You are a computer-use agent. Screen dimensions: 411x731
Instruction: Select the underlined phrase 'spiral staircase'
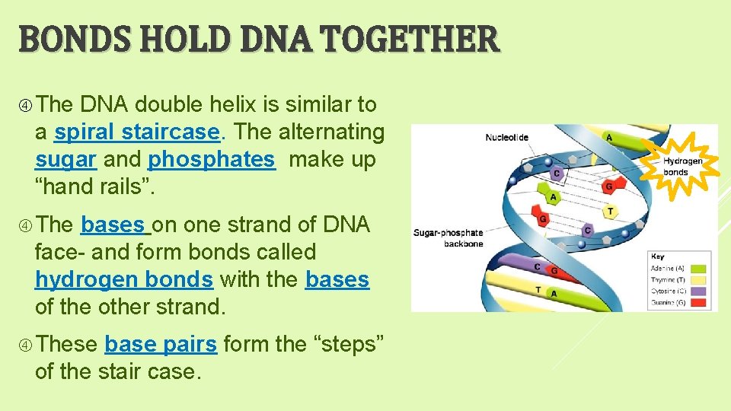click(137, 132)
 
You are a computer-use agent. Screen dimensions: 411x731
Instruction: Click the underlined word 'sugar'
click(65, 160)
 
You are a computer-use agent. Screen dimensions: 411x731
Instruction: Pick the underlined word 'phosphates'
click(211, 160)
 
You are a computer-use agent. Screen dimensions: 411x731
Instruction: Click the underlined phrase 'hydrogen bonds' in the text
click(124, 280)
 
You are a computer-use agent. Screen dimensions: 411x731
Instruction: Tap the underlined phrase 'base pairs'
click(161, 345)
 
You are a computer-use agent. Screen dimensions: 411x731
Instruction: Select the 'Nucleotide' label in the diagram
click(506, 138)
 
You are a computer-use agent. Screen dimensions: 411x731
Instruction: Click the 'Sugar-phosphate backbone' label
click(447, 237)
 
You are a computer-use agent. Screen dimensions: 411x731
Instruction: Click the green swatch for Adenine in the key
click(698, 268)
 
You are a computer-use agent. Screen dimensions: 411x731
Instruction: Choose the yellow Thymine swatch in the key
click(698, 279)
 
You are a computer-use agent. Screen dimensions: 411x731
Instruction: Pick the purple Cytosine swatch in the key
click(698, 291)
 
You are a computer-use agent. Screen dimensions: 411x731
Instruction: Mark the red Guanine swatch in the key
click(698, 302)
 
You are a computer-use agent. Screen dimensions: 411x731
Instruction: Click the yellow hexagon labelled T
click(609, 211)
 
